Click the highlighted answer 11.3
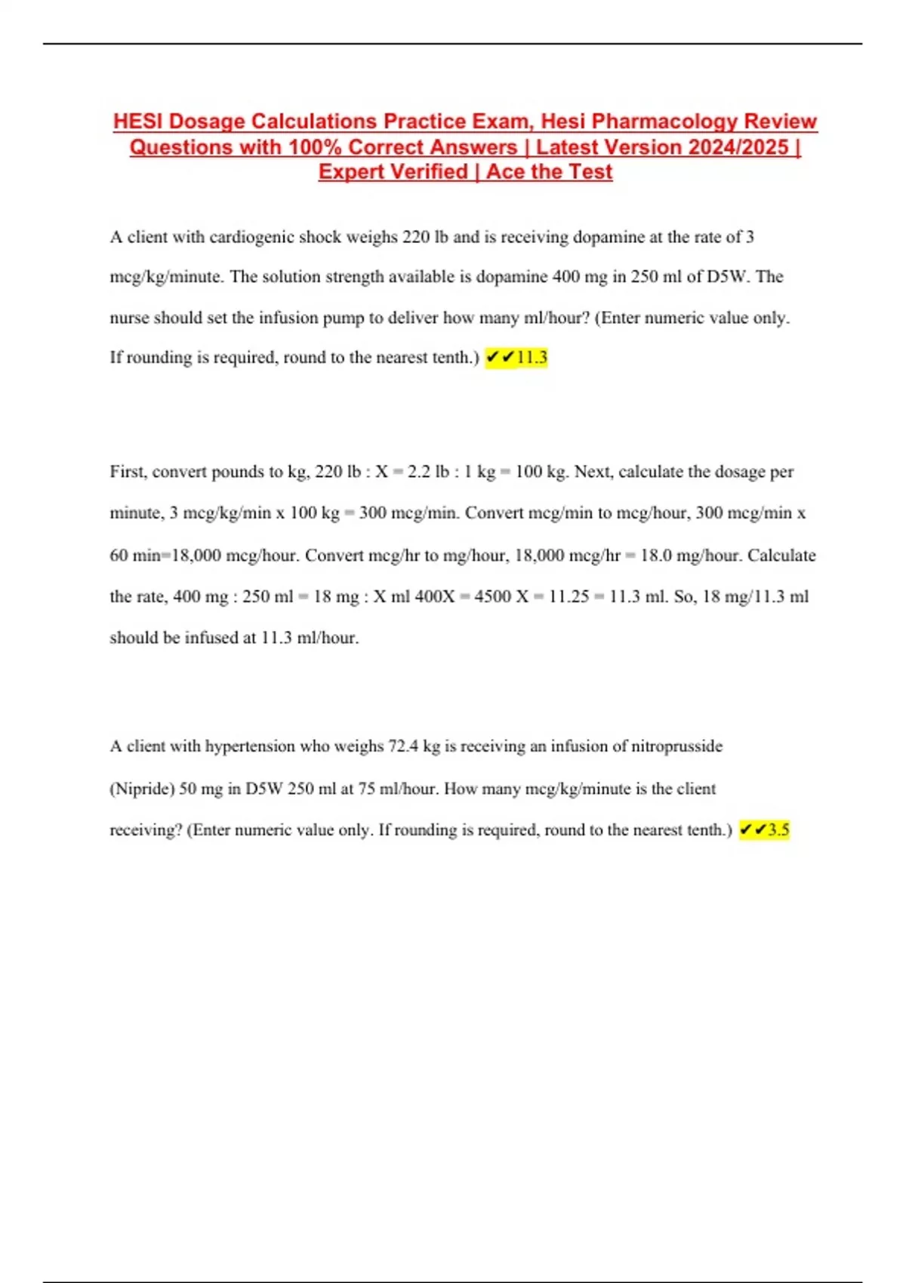(x=532, y=357)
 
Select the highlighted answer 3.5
(x=778, y=829)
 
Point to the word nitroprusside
(x=676, y=746)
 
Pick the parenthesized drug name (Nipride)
(x=142, y=789)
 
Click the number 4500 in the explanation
(x=492, y=596)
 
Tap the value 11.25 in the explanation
(x=569, y=596)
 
